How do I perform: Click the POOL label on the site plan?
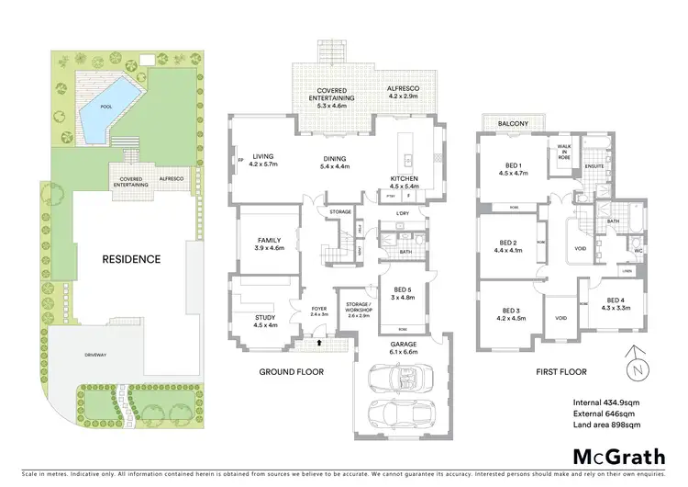(105, 107)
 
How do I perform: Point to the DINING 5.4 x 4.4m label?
(335, 163)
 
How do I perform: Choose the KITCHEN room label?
(404, 182)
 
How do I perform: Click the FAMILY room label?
(269, 243)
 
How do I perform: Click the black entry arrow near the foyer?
(319, 343)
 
